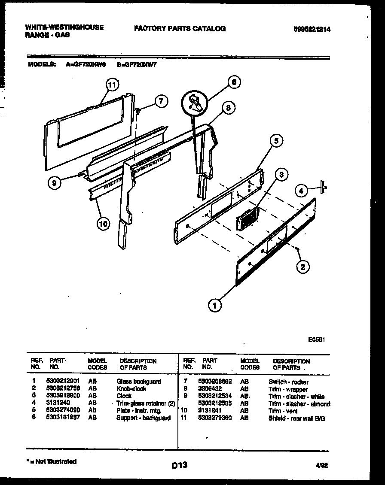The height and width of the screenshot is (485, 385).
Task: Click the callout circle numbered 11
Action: click(x=112, y=85)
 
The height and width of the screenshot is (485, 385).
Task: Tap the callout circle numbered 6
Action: click(x=233, y=82)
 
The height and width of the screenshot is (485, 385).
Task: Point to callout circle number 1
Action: click(x=215, y=306)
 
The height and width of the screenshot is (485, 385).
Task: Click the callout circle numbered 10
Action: click(x=103, y=224)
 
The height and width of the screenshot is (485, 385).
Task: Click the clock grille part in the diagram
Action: click(x=247, y=219)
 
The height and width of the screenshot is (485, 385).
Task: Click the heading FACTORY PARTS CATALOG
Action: click(x=180, y=29)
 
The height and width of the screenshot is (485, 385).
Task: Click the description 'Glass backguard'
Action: click(x=139, y=382)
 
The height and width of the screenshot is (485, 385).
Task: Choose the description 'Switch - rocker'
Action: click(x=288, y=382)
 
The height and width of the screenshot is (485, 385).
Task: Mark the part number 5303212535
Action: click(x=215, y=404)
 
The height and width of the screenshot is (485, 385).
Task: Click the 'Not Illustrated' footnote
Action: click(x=52, y=462)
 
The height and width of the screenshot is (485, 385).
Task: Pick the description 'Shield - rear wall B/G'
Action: click(x=296, y=418)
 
